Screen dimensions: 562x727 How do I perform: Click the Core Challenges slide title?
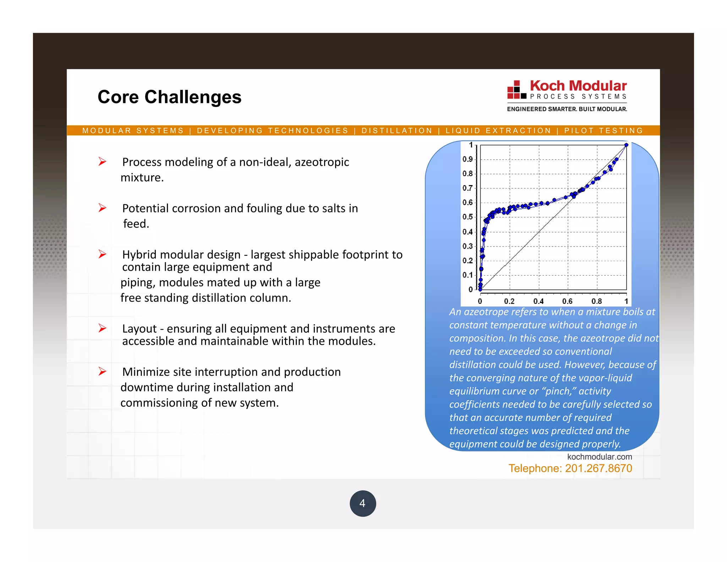169,97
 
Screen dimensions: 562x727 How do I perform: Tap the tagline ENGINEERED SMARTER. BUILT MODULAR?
567,109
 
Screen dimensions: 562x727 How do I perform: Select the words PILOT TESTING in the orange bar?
603,131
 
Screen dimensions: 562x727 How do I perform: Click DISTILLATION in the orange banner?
397,131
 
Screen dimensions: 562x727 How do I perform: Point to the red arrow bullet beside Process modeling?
103,162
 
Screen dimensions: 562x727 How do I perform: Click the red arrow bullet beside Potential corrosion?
103,208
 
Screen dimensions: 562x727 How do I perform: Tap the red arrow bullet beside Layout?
103,328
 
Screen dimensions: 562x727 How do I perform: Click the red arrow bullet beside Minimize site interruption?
103,372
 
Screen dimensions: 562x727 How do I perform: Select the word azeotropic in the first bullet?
322,162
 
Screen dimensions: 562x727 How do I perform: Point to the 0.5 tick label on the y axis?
468,217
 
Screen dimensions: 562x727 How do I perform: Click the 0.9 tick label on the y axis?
468,159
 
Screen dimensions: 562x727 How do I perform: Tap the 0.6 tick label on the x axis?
567,301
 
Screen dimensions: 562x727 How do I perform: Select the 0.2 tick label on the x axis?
509,301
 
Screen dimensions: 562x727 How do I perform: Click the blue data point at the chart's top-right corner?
626,145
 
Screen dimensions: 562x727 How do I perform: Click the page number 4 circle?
362,503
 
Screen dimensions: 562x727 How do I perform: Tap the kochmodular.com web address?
599,457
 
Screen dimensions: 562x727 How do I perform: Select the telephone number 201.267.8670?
598,468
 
